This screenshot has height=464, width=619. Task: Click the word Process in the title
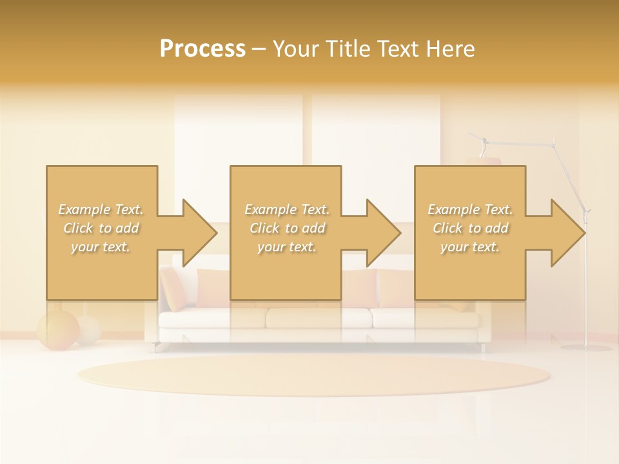pos(202,49)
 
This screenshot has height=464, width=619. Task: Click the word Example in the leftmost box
pos(84,209)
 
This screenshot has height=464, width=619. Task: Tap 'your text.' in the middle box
pos(286,247)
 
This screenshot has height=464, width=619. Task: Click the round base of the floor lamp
pos(585,348)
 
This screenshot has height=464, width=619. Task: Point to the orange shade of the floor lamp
pos(484,160)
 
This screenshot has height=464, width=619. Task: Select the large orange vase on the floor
pos(57,331)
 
